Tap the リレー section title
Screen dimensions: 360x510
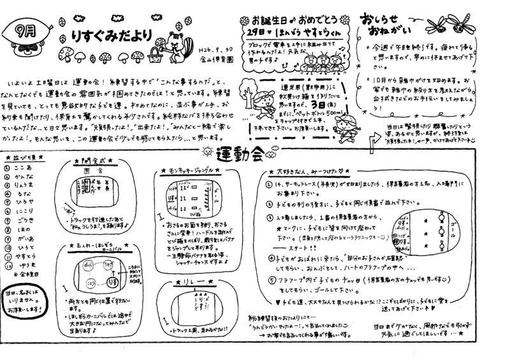(x=186, y=282)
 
